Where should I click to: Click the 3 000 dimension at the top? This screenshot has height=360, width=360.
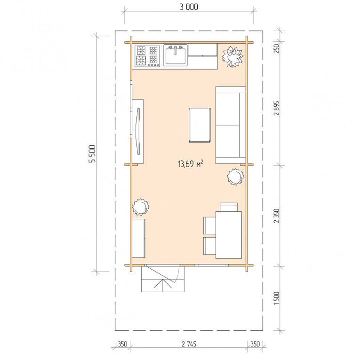[189, 7]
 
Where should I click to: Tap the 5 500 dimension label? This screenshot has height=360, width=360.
[92, 154]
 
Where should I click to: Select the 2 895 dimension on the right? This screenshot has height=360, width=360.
[277, 108]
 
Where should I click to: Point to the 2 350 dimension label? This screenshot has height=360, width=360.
[277, 216]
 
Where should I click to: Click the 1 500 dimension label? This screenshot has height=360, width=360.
[277, 298]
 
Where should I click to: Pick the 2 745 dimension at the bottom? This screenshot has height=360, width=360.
[189, 344]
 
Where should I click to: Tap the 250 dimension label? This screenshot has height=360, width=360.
[277, 48]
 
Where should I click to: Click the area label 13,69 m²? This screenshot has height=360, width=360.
[191, 164]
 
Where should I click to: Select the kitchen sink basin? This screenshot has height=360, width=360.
[176, 55]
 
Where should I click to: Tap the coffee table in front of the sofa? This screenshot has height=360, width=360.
[200, 125]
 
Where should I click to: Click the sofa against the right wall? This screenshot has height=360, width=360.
[231, 125]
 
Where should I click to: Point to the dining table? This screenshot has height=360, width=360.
[229, 235]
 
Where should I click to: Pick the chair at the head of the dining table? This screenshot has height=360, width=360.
[229, 207]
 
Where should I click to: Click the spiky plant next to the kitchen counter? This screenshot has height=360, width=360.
[232, 57]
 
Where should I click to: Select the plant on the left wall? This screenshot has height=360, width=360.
[141, 207]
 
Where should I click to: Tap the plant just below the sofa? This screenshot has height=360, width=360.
[235, 176]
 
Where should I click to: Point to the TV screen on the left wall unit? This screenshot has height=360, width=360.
[138, 131]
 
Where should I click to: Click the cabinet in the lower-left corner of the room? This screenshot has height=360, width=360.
[139, 238]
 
